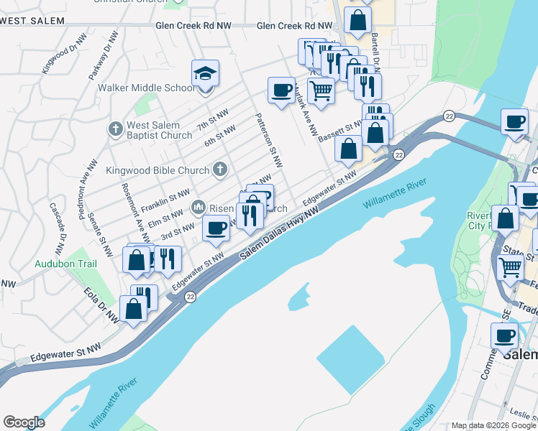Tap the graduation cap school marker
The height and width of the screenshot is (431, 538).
click(x=205, y=73)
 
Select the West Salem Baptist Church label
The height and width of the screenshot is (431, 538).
click(x=160, y=130)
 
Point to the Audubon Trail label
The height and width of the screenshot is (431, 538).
click(x=65, y=264)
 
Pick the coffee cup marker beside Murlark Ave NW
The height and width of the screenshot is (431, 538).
click(x=281, y=91)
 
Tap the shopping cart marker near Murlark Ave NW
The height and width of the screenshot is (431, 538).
click(x=320, y=91)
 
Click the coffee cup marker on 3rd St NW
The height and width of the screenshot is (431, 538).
click(x=216, y=228)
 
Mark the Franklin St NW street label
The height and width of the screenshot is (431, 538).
click(x=165, y=200)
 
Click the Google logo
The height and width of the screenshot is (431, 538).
click(x=24, y=422)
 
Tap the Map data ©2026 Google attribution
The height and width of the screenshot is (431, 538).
click(x=493, y=425)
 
